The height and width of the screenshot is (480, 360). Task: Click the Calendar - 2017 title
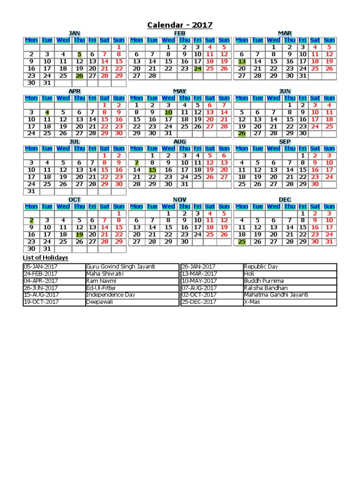coord(180,25)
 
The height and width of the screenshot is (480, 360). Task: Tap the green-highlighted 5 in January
coord(79,54)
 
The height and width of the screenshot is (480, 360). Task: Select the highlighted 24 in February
coord(198,68)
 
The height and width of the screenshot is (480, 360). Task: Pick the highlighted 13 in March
coord(242,61)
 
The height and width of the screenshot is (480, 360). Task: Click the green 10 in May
coord(168,112)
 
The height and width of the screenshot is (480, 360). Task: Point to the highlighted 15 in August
coord(152,170)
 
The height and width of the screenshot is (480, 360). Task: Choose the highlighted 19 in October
coord(79,234)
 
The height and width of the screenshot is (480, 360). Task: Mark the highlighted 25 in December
coord(242,242)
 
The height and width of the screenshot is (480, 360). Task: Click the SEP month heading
coord(285,142)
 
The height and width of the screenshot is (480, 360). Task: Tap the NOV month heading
coord(180,200)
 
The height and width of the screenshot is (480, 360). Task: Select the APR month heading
coord(75,91)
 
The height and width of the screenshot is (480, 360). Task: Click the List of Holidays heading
coord(45,258)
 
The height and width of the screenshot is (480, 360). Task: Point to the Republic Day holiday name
coord(261,267)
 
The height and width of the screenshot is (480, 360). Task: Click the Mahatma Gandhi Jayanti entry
coord(276,295)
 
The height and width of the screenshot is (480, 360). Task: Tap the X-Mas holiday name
coord(251,302)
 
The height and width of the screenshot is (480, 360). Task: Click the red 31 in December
coord(329,242)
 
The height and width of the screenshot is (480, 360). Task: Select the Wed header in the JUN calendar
coord(273,98)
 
